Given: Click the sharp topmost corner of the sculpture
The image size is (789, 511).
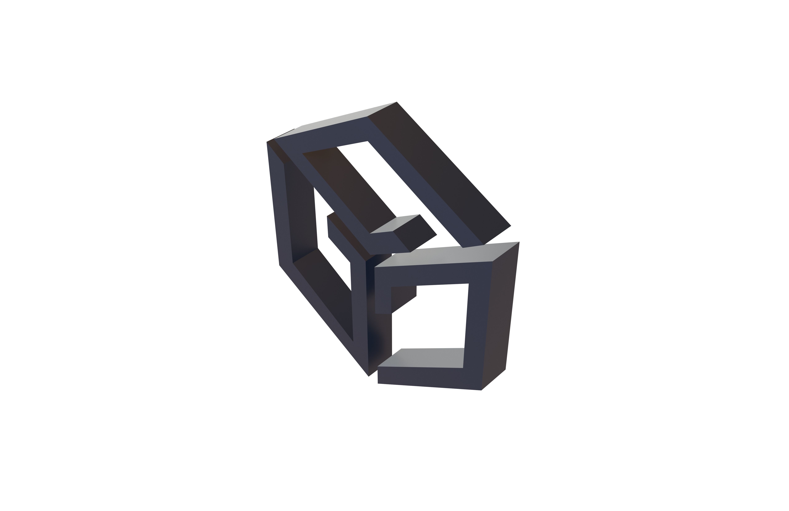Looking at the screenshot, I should (397, 102).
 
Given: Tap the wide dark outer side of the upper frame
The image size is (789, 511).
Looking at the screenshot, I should (441, 173).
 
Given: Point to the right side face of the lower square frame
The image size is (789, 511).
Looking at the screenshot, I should (501, 315).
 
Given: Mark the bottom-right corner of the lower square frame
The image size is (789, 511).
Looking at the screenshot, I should (481, 390).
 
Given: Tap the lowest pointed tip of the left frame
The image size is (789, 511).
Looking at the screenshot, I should (369, 376).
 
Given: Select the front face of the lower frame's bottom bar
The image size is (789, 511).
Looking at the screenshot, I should (428, 378).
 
